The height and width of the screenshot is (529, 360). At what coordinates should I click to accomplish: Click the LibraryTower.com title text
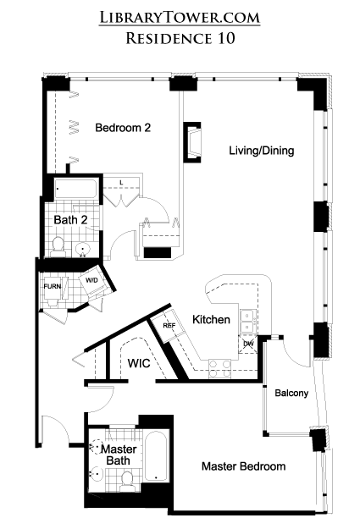[180, 17]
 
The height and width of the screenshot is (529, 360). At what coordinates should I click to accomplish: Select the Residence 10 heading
[180, 38]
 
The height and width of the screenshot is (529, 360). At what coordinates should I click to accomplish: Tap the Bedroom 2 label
[123, 128]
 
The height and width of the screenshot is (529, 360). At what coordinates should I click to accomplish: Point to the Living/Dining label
[262, 151]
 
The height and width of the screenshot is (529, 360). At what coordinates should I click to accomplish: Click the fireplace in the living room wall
[192, 142]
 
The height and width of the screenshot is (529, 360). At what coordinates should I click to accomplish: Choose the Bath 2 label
[70, 220]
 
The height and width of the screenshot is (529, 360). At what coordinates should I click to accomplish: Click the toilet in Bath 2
[58, 246]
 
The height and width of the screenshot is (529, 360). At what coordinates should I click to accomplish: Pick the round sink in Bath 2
[82, 250]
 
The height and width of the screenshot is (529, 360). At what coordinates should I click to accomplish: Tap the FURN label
[53, 286]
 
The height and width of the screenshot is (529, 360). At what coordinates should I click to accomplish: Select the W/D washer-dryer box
[91, 281]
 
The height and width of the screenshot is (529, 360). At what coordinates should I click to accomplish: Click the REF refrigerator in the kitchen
[168, 325]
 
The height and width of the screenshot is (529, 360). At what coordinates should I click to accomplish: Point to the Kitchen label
[211, 319]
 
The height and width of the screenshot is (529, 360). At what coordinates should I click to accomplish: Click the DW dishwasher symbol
[248, 344]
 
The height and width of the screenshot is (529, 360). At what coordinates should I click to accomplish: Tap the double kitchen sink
[248, 321]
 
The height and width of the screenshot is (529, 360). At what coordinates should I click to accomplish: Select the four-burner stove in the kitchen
[219, 368]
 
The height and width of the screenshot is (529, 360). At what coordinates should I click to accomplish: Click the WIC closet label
[139, 363]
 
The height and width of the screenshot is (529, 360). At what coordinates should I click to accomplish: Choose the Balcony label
[291, 393]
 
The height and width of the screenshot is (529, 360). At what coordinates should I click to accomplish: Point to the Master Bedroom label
[243, 466]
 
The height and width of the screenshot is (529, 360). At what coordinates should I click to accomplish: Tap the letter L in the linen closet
[121, 183]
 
